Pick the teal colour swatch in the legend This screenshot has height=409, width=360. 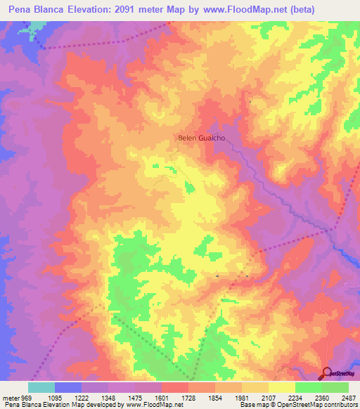tap(41, 387)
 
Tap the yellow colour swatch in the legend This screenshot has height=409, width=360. tap(281, 387)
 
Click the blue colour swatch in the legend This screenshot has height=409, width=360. tap(68, 387)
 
